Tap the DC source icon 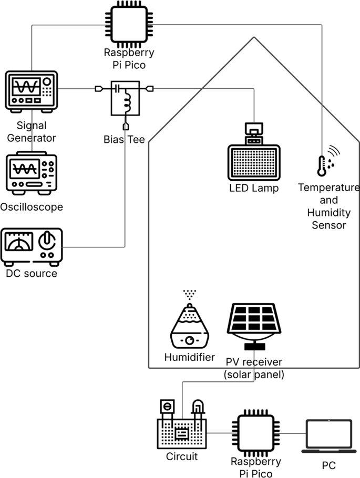32,246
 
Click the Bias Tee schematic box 125,98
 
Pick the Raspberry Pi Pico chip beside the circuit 256,433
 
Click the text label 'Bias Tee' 124,140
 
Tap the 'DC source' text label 32,273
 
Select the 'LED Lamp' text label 253,188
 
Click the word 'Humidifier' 189,358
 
